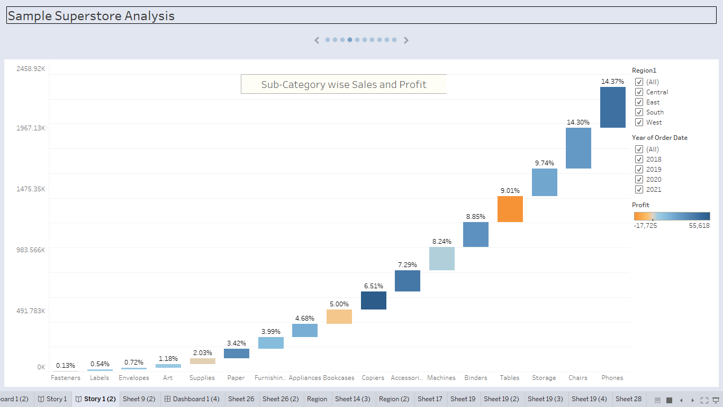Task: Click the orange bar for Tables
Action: click(510, 209)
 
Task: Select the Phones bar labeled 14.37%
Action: click(612, 107)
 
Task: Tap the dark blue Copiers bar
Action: click(374, 300)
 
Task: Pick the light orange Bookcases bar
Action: click(339, 316)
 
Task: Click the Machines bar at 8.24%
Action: click(442, 259)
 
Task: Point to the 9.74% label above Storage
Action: click(544, 163)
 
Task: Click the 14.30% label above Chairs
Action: click(578, 122)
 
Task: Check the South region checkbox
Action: click(639, 112)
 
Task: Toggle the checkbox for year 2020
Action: click(639, 180)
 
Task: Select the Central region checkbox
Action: click(639, 92)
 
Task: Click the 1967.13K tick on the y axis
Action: click(31, 128)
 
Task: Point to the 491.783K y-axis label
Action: click(31, 311)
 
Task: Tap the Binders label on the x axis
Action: click(476, 378)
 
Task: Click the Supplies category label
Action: click(202, 378)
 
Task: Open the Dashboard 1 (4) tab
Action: click(191, 399)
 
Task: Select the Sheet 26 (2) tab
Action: click(281, 399)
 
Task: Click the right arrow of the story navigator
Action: click(406, 40)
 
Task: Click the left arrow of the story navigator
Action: click(317, 40)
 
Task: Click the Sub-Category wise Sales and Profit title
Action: click(344, 84)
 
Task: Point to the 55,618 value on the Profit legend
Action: click(699, 226)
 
